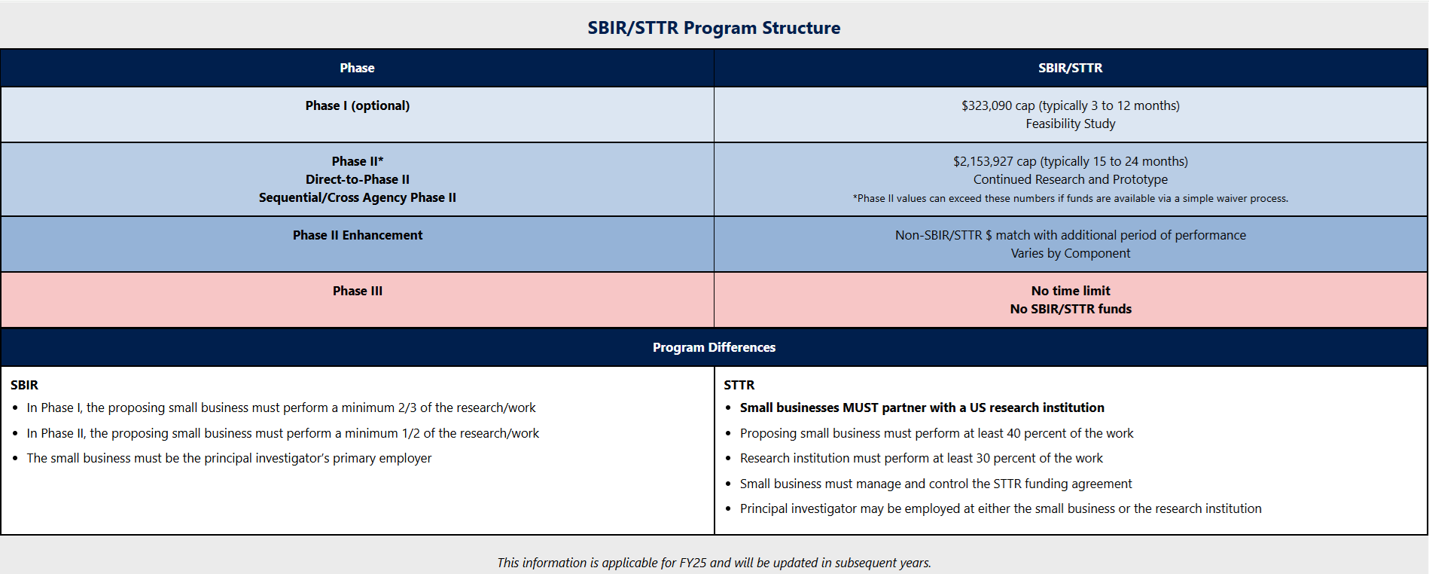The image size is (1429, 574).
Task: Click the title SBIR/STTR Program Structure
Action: [x=714, y=28]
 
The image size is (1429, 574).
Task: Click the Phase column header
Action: [x=357, y=68]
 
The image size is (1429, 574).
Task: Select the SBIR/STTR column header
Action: [x=1070, y=68]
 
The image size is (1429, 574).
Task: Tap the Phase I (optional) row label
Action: [x=358, y=105]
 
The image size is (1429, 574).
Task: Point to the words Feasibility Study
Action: [x=1070, y=124]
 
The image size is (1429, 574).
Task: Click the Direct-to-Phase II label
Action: [x=358, y=179]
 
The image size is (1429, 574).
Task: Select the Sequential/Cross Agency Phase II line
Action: [x=358, y=197]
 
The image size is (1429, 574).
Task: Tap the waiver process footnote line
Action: [x=1070, y=199]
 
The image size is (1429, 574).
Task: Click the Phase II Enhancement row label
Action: [x=358, y=235]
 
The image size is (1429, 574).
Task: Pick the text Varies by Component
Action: [x=1070, y=253]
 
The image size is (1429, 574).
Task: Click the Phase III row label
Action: [x=358, y=291]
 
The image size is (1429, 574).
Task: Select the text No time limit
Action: [x=1070, y=291]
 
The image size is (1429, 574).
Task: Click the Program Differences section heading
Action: [x=714, y=347]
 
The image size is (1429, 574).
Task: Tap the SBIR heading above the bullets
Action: [x=24, y=385]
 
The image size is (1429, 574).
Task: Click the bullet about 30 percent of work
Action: [x=921, y=458]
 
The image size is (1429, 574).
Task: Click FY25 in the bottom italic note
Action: [x=693, y=563]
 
